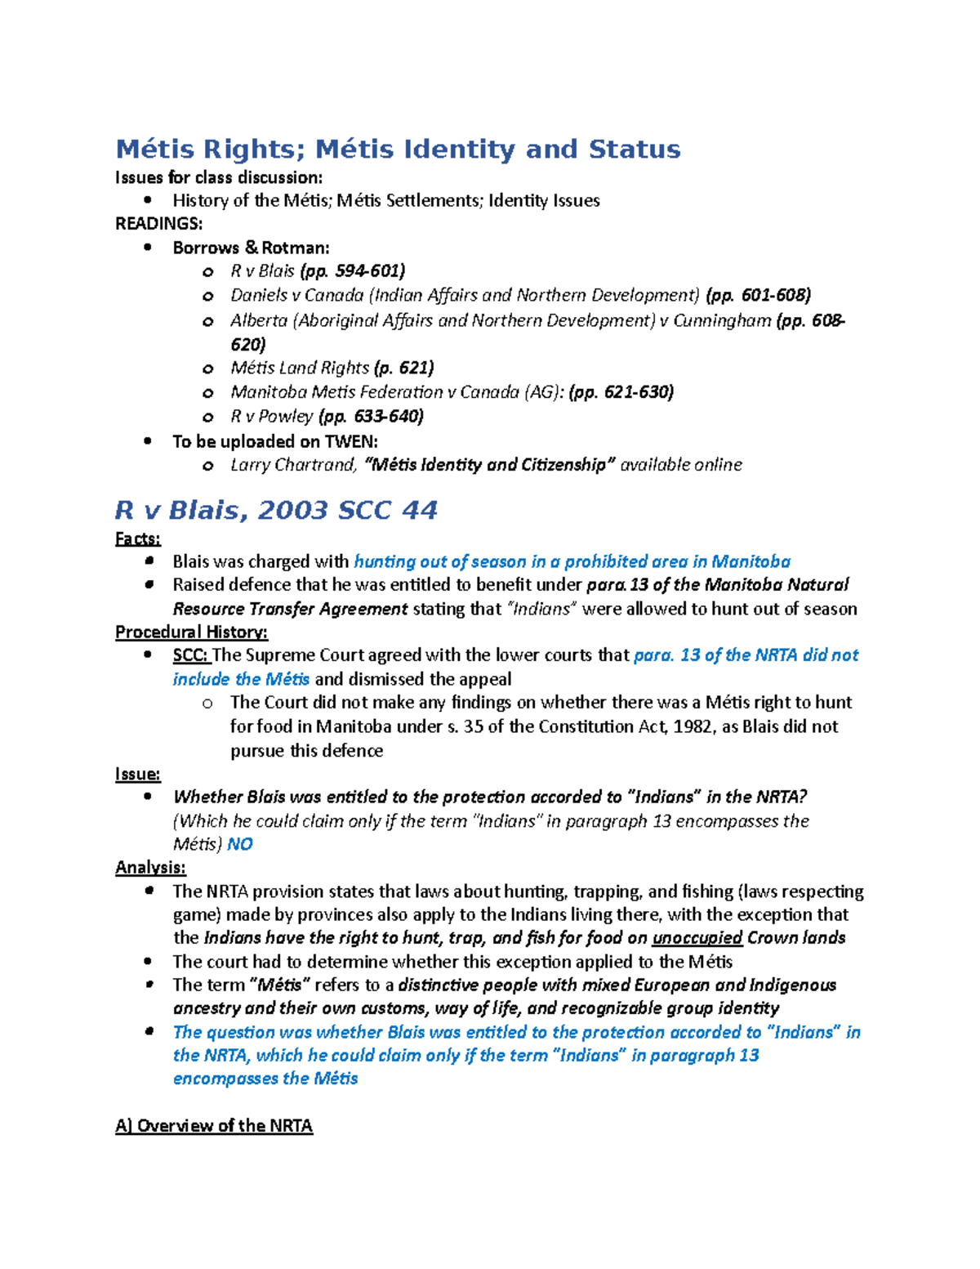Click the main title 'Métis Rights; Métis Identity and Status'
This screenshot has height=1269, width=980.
coord(398,150)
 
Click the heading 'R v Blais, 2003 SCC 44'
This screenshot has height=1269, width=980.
coord(276,511)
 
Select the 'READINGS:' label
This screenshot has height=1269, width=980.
coord(158,224)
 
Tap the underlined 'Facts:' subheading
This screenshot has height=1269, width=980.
coord(137,538)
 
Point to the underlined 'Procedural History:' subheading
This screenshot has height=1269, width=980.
coord(191,632)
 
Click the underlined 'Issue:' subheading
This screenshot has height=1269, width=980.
coord(137,774)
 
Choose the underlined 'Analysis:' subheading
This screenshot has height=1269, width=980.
coord(150,867)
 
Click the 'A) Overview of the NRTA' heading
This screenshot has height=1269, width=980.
coord(214,1126)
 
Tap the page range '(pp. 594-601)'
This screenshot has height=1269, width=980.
coord(352,271)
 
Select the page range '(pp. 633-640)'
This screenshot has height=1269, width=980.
coord(371,417)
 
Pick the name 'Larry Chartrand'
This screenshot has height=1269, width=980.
coord(293,465)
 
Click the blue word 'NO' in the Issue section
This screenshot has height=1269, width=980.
coord(240,844)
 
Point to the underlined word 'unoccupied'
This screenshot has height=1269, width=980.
coord(697,938)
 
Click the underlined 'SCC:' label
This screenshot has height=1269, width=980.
coord(191,655)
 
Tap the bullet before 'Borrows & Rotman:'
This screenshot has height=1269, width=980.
coord(147,248)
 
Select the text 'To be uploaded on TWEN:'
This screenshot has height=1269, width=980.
coord(275,442)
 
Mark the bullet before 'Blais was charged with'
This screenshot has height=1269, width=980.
coord(148,561)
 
